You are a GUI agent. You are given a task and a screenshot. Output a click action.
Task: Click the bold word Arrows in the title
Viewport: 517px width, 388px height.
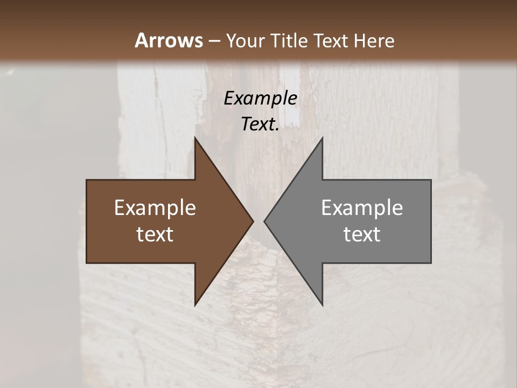click(169, 40)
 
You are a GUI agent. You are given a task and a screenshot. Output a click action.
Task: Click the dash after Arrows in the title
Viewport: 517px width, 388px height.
click(214, 41)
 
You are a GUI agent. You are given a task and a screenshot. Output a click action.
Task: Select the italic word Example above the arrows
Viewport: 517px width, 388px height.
click(261, 99)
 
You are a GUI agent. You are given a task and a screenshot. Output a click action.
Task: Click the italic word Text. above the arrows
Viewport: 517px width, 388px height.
click(260, 124)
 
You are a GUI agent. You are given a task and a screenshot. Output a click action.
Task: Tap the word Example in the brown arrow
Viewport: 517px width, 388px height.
click(155, 208)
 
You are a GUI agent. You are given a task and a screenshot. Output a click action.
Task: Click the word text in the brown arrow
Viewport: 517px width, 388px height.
click(155, 234)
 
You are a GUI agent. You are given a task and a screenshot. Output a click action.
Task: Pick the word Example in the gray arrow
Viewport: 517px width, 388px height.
click(362, 208)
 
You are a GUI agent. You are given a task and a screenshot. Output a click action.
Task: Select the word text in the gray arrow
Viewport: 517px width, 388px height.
click(362, 234)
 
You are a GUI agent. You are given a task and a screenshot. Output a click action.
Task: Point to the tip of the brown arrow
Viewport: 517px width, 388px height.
click(253, 221)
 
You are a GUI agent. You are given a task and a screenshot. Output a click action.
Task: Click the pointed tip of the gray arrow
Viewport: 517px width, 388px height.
click(264, 221)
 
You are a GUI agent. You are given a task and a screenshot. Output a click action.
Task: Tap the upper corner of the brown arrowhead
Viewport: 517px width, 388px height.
click(195, 137)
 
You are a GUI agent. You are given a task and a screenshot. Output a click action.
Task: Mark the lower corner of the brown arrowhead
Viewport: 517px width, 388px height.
click(195, 305)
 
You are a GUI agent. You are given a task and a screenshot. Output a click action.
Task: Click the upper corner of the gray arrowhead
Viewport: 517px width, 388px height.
click(322, 137)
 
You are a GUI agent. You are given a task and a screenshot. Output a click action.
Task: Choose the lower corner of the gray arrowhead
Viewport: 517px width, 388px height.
click(322, 305)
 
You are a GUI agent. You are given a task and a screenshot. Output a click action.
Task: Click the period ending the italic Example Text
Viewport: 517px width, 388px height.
click(277, 130)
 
